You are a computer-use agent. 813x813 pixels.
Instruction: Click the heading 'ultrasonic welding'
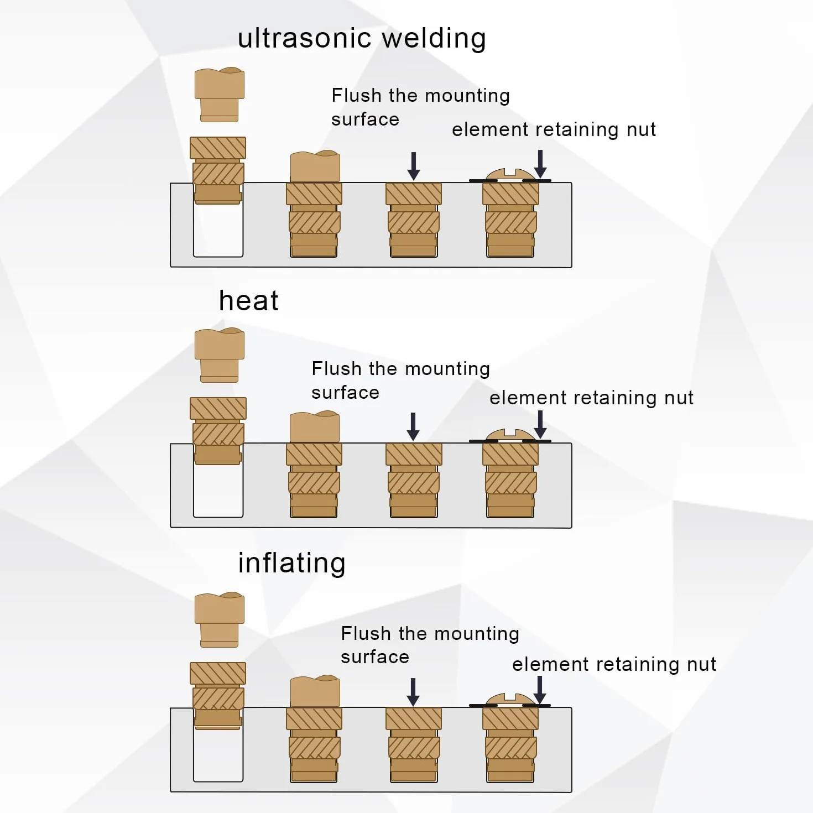coord(362,38)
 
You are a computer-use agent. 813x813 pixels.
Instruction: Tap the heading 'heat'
coord(248,301)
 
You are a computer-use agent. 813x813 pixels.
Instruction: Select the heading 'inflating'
coord(291,563)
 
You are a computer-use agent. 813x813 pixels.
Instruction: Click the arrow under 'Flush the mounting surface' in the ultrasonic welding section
coord(414,166)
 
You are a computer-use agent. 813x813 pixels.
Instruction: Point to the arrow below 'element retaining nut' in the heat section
coord(540,424)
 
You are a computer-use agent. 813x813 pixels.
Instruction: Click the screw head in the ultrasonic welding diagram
coord(510,175)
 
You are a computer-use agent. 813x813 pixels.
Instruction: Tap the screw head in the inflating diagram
coord(510,699)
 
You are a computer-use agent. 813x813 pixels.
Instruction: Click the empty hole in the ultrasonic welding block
coord(218,230)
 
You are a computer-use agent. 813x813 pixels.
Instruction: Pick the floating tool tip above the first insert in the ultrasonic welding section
coord(220,95)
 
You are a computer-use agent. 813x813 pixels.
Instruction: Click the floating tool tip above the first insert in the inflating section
coord(220,619)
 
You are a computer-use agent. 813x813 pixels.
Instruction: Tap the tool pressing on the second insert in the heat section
coord(315,427)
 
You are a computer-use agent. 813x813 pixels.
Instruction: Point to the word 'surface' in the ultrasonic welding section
coord(366,120)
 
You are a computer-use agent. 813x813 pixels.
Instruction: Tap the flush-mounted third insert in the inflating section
coord(414,744)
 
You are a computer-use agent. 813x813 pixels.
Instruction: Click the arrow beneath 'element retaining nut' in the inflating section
coord(540,690)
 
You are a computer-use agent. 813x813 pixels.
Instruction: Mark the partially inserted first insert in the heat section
coord(218,431)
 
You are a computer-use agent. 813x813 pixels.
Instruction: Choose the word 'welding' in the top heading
coord(434,38)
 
